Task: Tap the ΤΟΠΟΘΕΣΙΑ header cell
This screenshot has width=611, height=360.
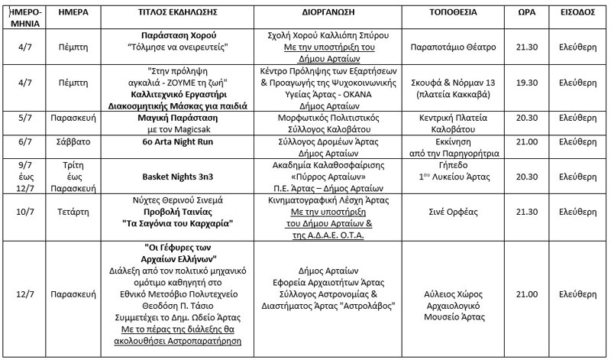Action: [x=448, y=13]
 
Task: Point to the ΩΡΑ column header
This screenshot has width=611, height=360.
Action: [x=525, y=13]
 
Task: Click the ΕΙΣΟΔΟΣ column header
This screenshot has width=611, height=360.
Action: [x=577, y=13]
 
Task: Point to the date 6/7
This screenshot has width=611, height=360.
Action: [x=24, y=143]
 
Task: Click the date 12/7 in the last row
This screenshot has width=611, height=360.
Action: [x=24, y=293]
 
